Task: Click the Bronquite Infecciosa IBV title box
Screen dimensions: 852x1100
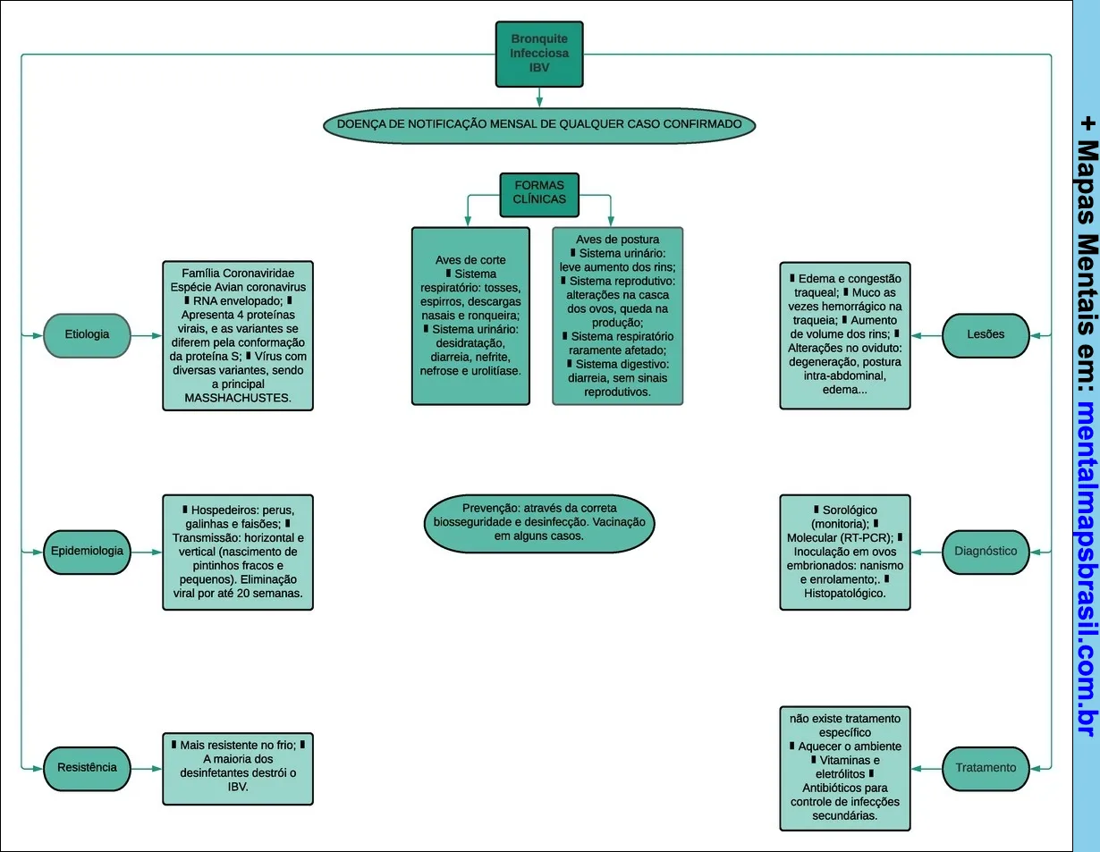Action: coord(539,54)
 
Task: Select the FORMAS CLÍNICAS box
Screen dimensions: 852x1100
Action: coord(539,194)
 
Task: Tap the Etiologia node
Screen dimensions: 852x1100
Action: coord(88,334)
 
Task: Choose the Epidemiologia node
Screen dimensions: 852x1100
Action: coord(88,551)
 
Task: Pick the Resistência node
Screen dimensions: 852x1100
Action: coord(88,767)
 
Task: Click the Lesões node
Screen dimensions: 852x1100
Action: coord(986,334)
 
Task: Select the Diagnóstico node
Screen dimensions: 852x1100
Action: coord(986,551)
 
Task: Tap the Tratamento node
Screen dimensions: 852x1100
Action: coord(986,767)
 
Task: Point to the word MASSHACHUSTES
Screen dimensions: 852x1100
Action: coord(237,398)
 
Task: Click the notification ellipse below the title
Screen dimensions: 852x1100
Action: coord(539,124)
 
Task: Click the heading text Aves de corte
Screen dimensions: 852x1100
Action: coord(470,260)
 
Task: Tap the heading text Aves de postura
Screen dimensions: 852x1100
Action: coord(617,240)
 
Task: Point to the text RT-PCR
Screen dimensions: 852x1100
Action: coord(866,537)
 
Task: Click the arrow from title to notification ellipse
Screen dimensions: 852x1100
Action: coord(539,97)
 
